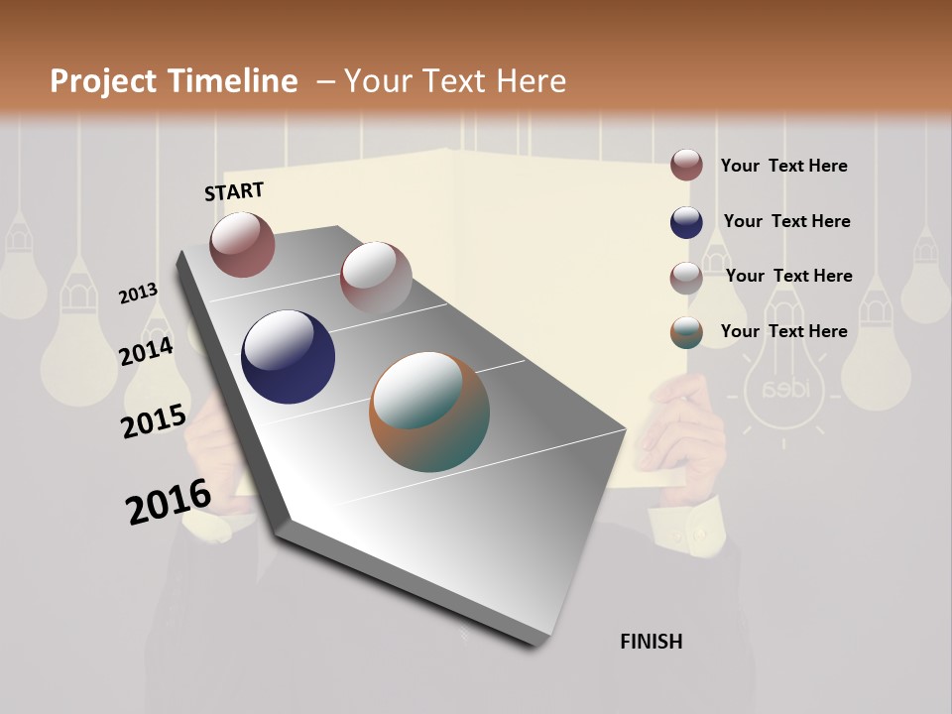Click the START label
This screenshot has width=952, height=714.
(x=234, y=191)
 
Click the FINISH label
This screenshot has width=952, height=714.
(x=652, y=642)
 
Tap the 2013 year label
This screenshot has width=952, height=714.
(x=139, y=293)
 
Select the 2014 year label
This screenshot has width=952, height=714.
(x=147, y=351)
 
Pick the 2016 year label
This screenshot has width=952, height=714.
(x=169, y=502)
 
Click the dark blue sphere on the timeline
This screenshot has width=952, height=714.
(x=288, y=357)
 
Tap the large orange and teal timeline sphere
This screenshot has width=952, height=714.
(x=429, y=412)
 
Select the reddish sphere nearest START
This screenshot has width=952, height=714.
(x=242, y=244)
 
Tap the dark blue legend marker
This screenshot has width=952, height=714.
(x=686, y=222)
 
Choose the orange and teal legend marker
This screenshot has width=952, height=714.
(x=686, y=332)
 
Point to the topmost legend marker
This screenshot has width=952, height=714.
(x=686, y=166)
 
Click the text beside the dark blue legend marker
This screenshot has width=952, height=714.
(x=786, y=221)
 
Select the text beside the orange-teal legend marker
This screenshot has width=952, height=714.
(x=783, y=331)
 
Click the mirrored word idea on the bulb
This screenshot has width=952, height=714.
(x=784, y=387)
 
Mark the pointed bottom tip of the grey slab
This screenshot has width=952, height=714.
(x=535, y=645)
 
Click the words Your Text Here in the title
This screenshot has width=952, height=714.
(x=455, y=81)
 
